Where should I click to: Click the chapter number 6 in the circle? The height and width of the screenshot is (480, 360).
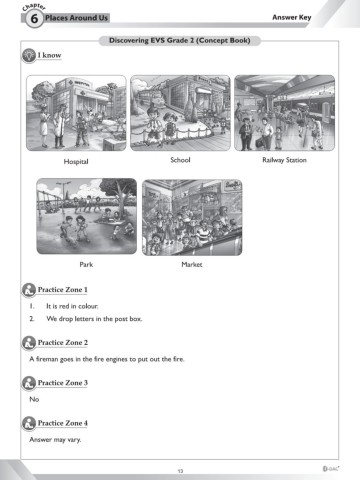click(x=34, y=19)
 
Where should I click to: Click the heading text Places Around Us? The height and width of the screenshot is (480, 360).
click(x=76, y=18)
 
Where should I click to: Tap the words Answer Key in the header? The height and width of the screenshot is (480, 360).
click(x=292, y=17)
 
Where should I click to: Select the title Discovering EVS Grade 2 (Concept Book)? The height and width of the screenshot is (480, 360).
click(x=180, y=41)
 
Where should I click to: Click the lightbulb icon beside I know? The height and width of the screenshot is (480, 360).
click(x=29, y=55)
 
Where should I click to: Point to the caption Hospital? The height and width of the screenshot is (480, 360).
click(x=76, y=162)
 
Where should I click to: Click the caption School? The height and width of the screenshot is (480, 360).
click(x=180, y=160)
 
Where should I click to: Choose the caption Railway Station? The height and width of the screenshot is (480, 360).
click(x=284, y=160)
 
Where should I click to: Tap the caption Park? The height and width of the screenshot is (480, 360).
click(x=86, y=264)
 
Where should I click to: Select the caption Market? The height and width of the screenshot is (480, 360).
click(x=192, y=264)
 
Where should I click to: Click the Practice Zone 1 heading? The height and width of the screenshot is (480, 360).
click(x=63, y=290)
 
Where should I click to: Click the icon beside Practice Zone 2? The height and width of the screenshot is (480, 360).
click(x=29, y=343)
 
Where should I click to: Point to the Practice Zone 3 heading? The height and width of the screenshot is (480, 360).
click(x=63, y=383)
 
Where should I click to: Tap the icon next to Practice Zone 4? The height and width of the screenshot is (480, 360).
click(x=29, y=423)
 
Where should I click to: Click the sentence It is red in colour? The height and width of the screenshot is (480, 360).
click(x=72, y=306)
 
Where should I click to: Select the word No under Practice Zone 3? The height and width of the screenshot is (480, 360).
click(x=34, y=399)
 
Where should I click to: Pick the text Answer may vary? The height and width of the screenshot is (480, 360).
click(x=55, y=440)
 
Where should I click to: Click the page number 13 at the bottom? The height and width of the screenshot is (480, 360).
click(x=180, y=471)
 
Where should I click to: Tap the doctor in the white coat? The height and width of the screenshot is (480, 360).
click(x=59, y=126)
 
